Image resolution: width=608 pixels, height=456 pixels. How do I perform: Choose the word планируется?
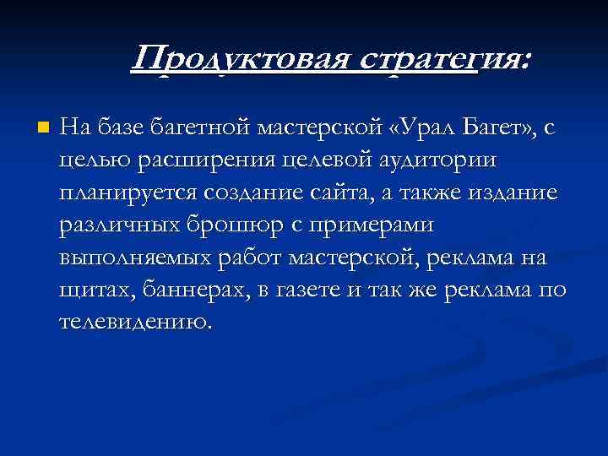pos(123,193)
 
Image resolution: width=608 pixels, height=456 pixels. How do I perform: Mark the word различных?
pos(117,225)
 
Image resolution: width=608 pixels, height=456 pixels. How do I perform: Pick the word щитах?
pos(90,290)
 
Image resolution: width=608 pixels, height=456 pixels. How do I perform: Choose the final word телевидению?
pos(133,322)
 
